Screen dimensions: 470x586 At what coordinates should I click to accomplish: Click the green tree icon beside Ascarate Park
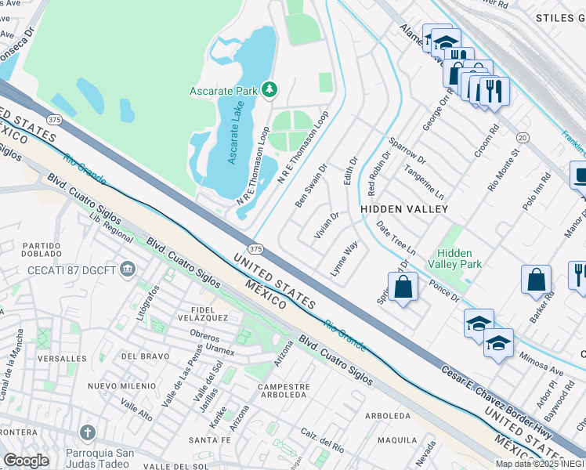[269, 91]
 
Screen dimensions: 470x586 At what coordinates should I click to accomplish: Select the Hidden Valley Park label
[454, 258]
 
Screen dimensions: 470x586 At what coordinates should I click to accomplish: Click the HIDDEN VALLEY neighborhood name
[404, 209]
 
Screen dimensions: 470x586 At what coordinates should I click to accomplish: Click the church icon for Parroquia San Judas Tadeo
[87, 432]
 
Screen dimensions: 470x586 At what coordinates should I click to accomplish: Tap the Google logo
[26, 460]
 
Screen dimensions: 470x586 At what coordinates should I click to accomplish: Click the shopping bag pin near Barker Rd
[536, 280]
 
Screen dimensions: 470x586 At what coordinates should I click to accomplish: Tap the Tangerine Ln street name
[424, 181]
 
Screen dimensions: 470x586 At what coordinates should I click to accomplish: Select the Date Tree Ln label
[396, 238]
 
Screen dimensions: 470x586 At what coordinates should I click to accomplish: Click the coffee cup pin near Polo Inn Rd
[581, 176]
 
